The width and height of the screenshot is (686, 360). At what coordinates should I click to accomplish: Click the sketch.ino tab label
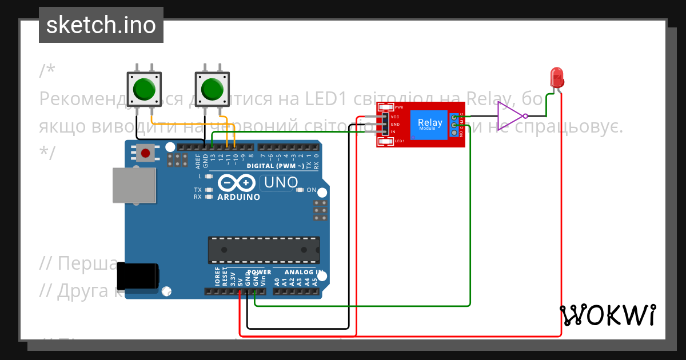(101, 25)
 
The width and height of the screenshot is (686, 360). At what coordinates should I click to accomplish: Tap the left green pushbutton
(143, 89)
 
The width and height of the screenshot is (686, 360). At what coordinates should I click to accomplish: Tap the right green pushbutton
(212, 89)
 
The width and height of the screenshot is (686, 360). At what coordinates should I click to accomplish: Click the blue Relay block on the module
(429, 124)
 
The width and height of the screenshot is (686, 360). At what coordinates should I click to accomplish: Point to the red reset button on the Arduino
(146, 153)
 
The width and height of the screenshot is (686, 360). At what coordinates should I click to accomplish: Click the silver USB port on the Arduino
(134, 185)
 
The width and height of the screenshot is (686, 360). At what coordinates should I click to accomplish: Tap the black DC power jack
(137, 277)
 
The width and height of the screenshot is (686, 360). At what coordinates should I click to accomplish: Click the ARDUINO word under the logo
(238, 197)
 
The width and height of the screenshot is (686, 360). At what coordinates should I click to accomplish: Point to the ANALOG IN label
(303, 272)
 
